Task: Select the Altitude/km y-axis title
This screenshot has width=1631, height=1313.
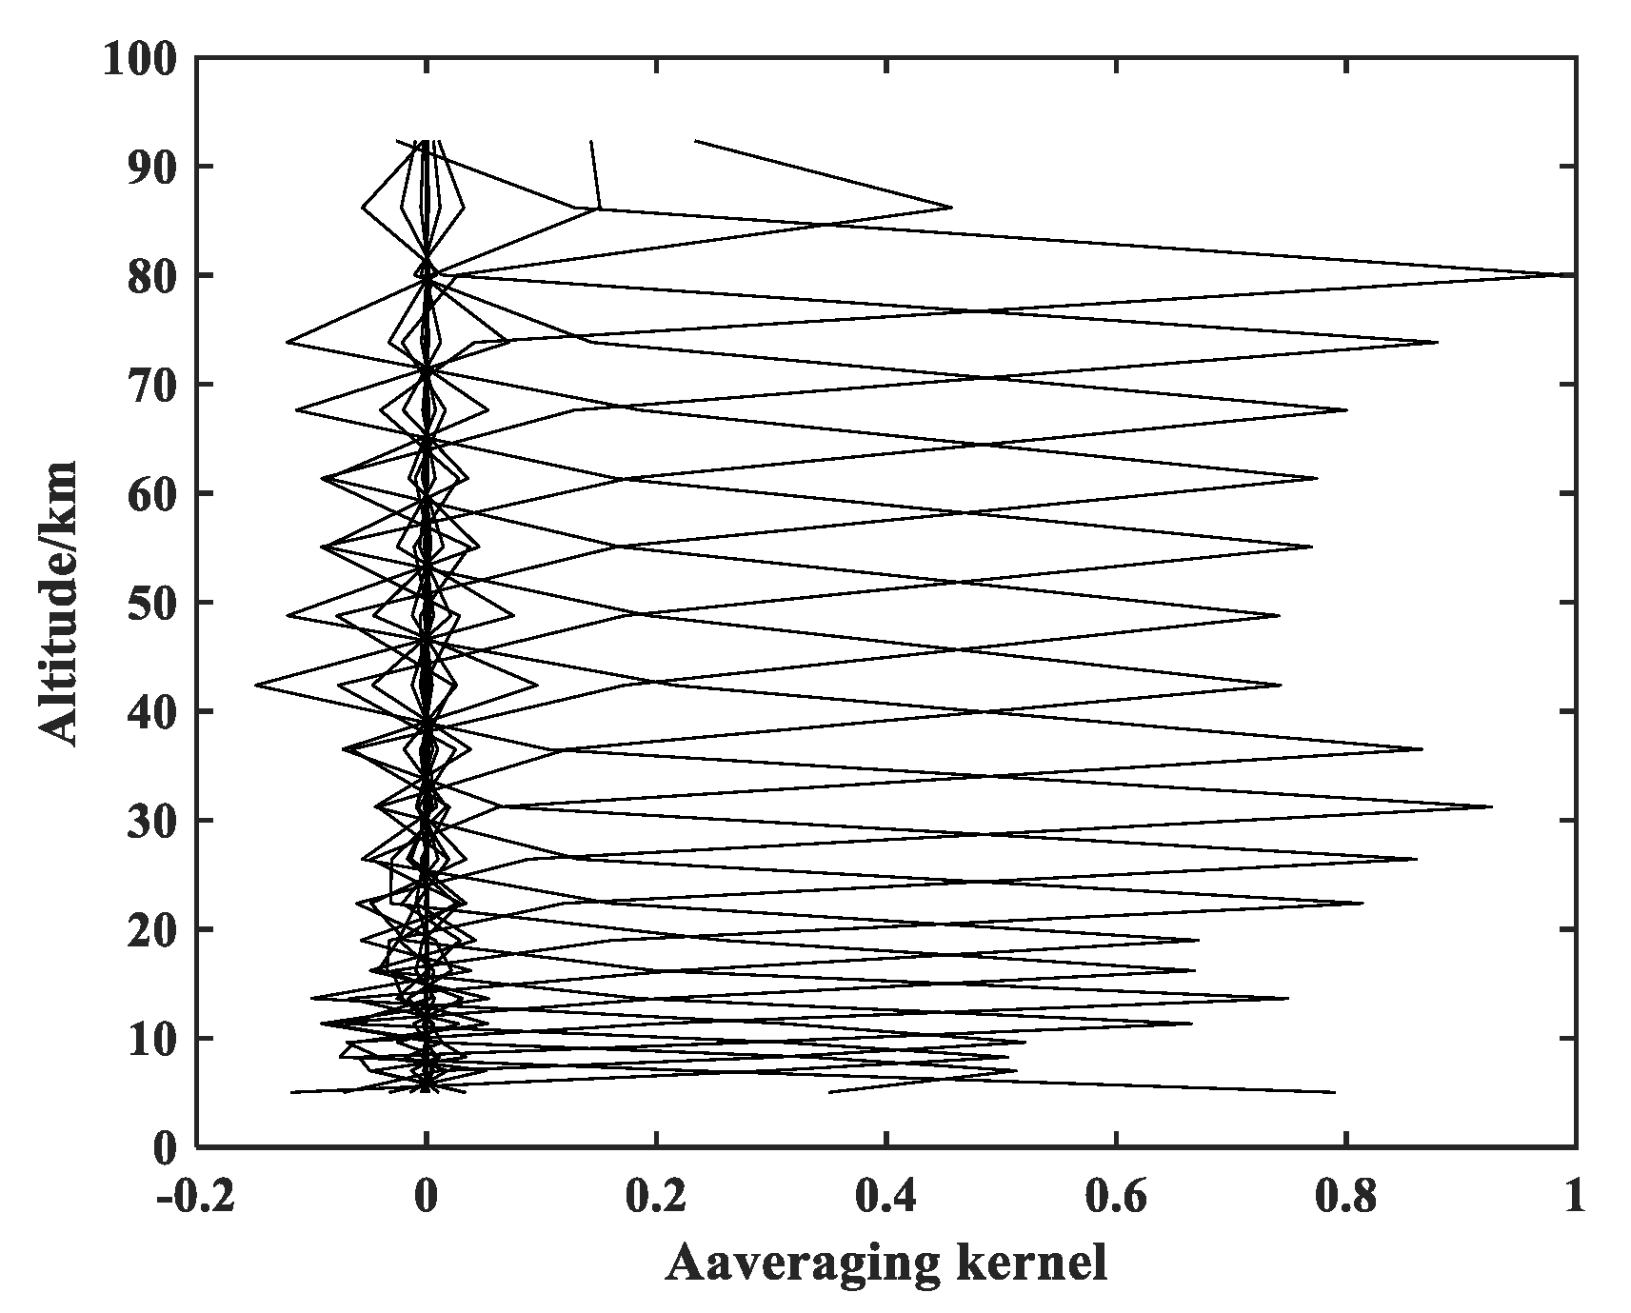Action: [x=59, y=602]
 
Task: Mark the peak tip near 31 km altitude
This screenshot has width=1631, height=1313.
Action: [x=1492, y=806]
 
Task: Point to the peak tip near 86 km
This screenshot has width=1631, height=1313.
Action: [x=951, y=207]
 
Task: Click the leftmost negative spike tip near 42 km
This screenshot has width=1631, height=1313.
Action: [x=255, y=685]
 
